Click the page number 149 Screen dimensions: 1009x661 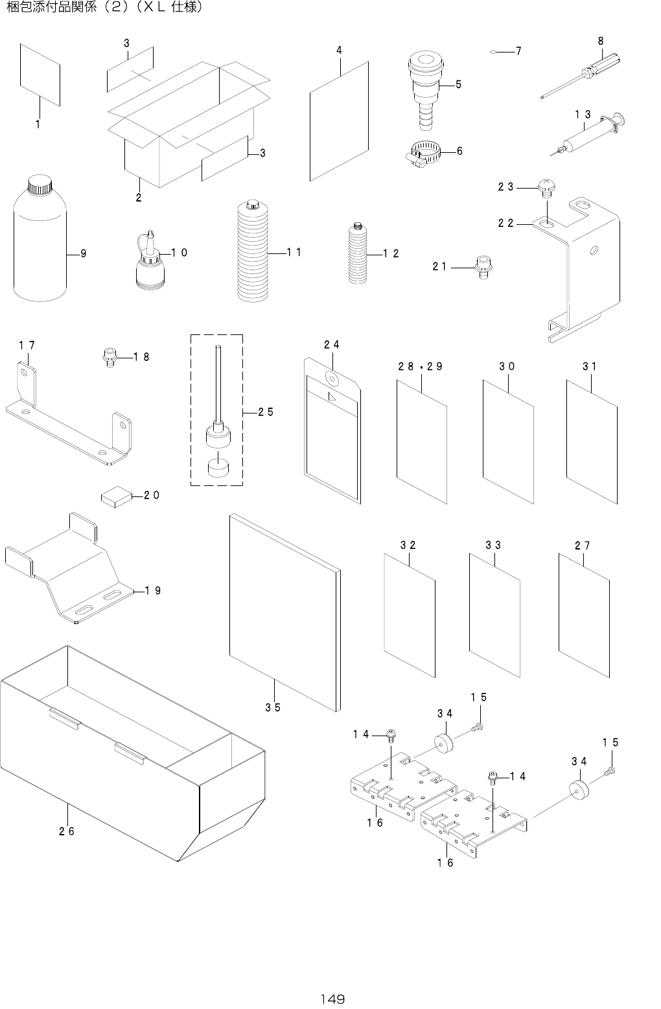tap(331, 998)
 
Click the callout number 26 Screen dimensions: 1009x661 tap(67, 831)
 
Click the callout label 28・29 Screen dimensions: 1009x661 tap(421, 366)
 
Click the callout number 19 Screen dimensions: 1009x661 tap(153, 590)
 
